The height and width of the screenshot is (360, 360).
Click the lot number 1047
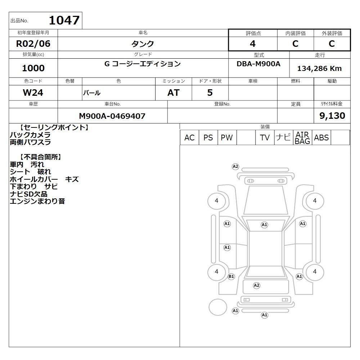tap(64, 20)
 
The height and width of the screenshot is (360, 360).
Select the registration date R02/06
tap(33, 44)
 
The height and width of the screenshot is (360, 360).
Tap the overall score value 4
tap(253, 44)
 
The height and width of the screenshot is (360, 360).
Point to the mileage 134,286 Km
tap(319, 68)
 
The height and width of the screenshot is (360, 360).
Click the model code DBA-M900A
tap(258, 64)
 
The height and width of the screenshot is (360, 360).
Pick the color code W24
tap(33, 93)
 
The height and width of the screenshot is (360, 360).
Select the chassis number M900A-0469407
tap(112, 116)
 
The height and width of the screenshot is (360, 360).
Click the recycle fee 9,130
tap(332, 116)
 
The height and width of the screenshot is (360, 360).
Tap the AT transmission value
tap(174, 93)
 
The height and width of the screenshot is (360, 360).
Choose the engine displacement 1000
tap(33, 68)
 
